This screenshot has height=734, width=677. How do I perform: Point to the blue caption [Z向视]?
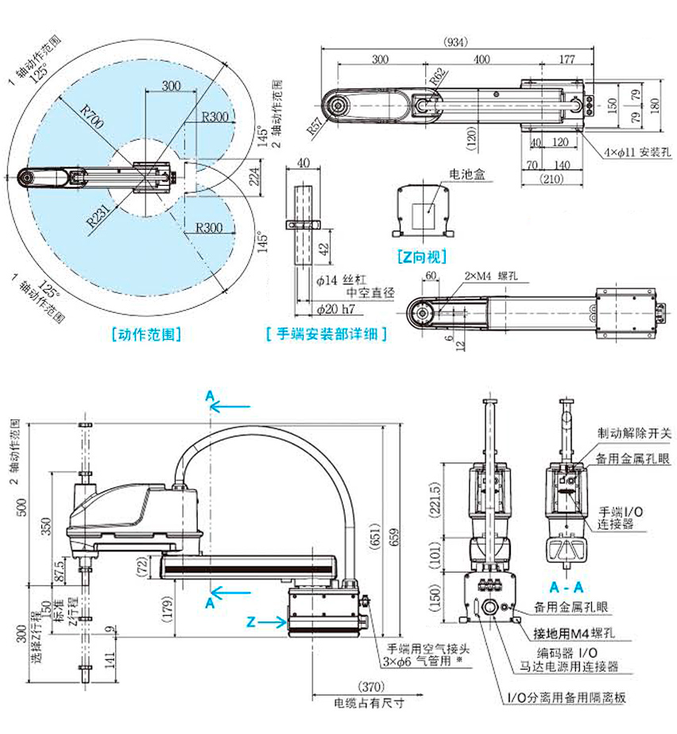(x=420, y=257)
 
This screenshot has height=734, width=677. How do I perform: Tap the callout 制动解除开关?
(x=634, y=434)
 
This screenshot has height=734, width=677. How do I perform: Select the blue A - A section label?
(x=567, y=587)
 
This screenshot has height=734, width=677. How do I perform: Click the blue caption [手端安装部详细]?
(x=326, y=334)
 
